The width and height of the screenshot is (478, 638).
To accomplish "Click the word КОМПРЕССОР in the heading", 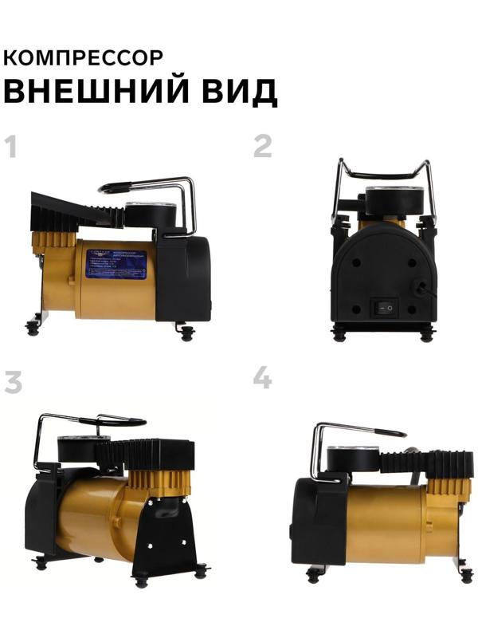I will coord(84,57).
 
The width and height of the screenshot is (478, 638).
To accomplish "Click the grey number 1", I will coord(11,147).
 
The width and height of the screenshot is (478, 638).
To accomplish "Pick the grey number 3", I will coord(12,382).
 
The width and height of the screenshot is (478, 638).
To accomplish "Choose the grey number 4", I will coord(262,377).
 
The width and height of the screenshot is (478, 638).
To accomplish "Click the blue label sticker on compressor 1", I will coord(116,263).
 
